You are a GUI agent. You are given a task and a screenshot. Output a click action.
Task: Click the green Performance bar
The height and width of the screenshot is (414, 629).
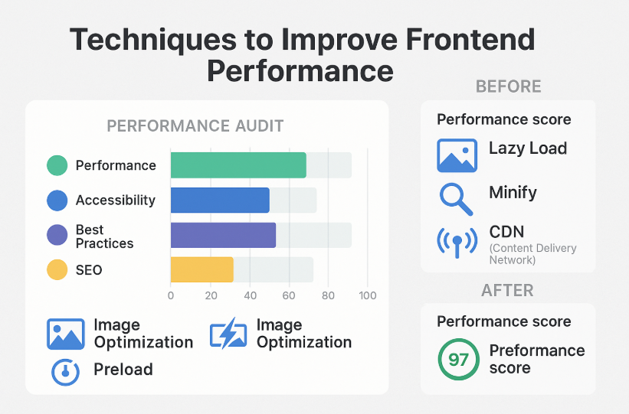click(x=238, y=165)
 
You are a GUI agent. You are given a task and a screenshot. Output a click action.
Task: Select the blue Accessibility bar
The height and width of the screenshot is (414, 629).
click(x=220, y=200)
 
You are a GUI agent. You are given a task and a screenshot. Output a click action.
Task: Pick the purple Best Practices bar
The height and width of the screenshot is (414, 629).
click(x=223, y=235)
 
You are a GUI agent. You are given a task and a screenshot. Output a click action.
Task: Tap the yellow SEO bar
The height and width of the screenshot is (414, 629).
click(x=201, y=269)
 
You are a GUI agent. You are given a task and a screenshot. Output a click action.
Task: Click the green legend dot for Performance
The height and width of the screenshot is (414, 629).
click(x=57, y=165)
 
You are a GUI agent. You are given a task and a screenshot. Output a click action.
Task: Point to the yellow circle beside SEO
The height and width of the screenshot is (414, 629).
click(x=57, y=269)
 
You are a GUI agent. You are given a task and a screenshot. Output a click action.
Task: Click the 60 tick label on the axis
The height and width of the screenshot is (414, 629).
click(x=289, y=296)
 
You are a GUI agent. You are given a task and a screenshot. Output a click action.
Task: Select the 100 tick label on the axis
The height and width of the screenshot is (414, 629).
click(x=368, y=296)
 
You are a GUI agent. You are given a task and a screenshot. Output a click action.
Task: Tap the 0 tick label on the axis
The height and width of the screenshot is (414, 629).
click(x=171, y=296)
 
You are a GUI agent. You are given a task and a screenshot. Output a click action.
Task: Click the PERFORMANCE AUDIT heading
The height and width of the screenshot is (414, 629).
click(x=195, y=126)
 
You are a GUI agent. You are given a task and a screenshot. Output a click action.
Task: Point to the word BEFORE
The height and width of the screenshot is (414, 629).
click(x=508, y=86)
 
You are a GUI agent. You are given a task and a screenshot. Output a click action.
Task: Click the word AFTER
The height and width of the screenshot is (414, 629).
click(x=507, y=290)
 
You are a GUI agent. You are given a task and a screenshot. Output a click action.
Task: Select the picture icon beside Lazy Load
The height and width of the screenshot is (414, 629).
click(x=457, y=155)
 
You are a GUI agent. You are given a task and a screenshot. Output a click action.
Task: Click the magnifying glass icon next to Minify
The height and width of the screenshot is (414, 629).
click(x=456, y=199)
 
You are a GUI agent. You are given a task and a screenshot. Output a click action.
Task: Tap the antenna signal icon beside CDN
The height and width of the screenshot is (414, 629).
click(x=457, y=242)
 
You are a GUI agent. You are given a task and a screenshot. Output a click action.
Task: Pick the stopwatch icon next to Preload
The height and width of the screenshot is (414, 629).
click(x=65, y=372)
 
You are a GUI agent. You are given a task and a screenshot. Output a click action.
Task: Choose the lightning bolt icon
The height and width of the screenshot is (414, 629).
click(x=228, y=333)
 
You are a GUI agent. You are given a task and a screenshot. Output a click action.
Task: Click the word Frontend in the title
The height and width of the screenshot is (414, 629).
click(x=470, y=39)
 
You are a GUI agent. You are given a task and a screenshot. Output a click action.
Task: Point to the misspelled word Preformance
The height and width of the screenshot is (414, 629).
click(x=537, y=350)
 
